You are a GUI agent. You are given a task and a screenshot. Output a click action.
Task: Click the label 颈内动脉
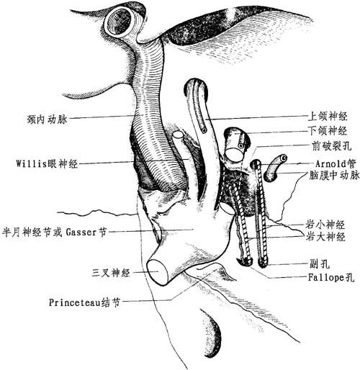[48, 119]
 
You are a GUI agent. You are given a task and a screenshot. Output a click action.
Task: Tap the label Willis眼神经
[47, 164]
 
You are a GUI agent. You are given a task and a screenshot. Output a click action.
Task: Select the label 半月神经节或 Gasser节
[54, 232]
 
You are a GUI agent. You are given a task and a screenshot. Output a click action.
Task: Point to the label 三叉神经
[111, 273]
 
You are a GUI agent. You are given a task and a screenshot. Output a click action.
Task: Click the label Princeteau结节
[84, 302]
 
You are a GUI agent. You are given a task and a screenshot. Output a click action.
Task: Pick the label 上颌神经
[328, 117]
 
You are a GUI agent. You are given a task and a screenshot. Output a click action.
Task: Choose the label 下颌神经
[328, 131]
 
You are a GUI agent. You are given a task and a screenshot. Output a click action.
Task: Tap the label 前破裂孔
[331, 146]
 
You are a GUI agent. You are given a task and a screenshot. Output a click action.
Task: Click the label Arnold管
[336, 163]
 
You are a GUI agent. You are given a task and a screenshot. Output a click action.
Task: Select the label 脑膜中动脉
[334, 176]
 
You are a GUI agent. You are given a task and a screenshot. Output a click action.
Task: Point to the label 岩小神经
[325, 225]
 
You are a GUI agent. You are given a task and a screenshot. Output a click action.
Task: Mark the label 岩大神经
[325, 237]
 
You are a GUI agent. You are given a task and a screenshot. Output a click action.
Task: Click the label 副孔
[320, 264]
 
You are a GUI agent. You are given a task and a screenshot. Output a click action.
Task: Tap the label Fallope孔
[331, 278]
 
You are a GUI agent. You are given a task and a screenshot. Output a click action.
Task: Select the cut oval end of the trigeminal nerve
[157, 272]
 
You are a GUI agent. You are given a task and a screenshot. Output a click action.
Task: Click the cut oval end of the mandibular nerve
[234, 155]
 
